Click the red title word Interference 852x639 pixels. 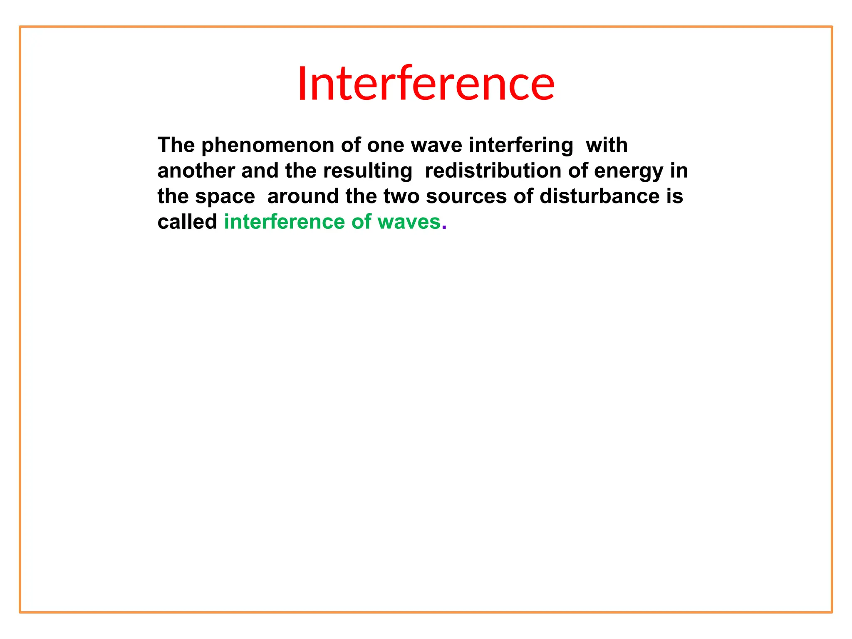pos(426,84)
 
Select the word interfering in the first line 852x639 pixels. pos(521,146)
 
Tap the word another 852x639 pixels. pos(196,171)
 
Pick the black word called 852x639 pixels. pos(187,222)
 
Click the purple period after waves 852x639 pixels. pos(444,228)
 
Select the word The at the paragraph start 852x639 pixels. pos(176,146)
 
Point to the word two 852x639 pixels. pos(401,197)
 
